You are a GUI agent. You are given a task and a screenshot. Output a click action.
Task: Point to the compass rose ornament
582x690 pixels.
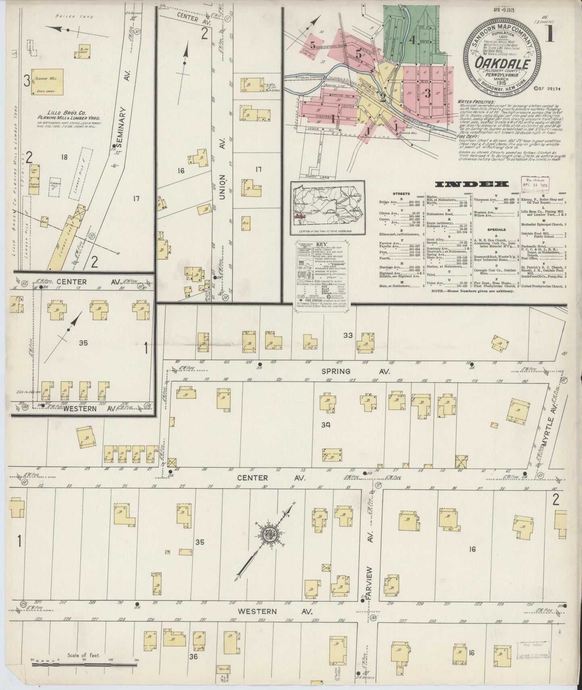pos(269,535)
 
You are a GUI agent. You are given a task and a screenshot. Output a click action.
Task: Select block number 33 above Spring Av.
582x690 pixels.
pos(348,335)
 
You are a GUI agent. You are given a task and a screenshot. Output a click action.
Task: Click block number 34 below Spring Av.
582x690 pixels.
pos(325,424)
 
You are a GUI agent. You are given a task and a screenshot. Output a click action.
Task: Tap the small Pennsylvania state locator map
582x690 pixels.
pos(328,208)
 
